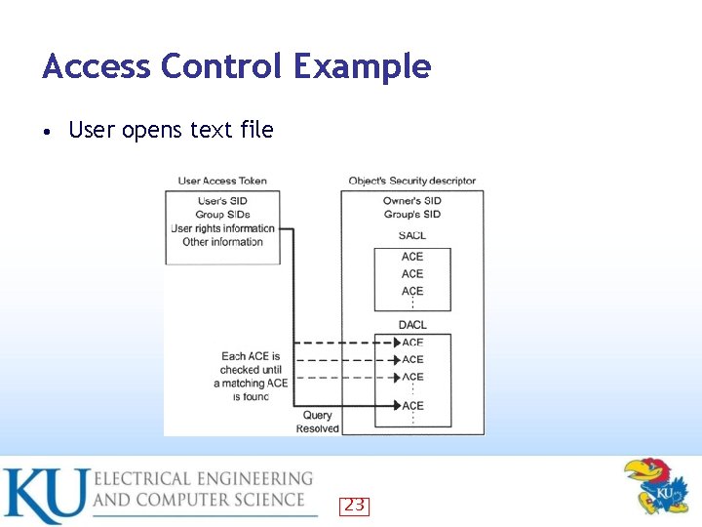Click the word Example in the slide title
pyautogui.click(x=362, y=66)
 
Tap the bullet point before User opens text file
pyautogui.click(x=47, y=131)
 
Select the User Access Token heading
pyautogui.click(x=222, y=181)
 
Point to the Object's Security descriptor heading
pyautogui.click(x=412, y=181)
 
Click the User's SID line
pyautogui.click(x=222, y=201)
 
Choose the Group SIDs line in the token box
pyautogui.click(x=222, y=215)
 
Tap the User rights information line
pyautogui.click(x=222, y=228)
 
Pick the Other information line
pyautogui.click(x=222, y=242)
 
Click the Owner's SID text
pyautogui.click(x=412, y=201)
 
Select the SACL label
pyautogui.click(x=412, y=235)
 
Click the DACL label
pyautogui.click(x=412, y=324)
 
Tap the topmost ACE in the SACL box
pyautogui.click(x=412, y=257)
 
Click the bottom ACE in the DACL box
pyautogui.click(x=412, y=405)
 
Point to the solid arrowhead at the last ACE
pyautogui.click(x=396, y=405)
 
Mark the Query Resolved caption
pyautogui.click(x=318, y=422)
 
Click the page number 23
pyautogui.click(x=354, y=505)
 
